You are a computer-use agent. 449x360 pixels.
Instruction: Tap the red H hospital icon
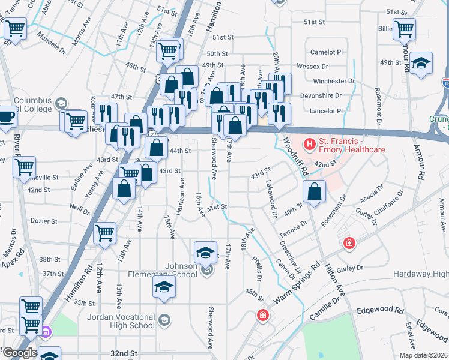click(310, 144)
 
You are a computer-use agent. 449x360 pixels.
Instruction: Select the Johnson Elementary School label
click(173, 270)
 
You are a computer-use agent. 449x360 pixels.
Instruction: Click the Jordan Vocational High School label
click(121, 321)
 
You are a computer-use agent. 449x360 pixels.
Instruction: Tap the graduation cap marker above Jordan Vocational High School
click(163, 288)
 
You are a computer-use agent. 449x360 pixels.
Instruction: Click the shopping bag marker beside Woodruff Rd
click(315, 192)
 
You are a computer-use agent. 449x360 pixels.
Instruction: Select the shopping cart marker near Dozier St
click(104, 232)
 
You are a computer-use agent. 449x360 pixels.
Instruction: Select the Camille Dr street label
click(330, 307)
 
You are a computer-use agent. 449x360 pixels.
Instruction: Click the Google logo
click(19, 353)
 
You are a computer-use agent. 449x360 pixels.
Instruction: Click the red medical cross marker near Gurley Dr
click(348, 244)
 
